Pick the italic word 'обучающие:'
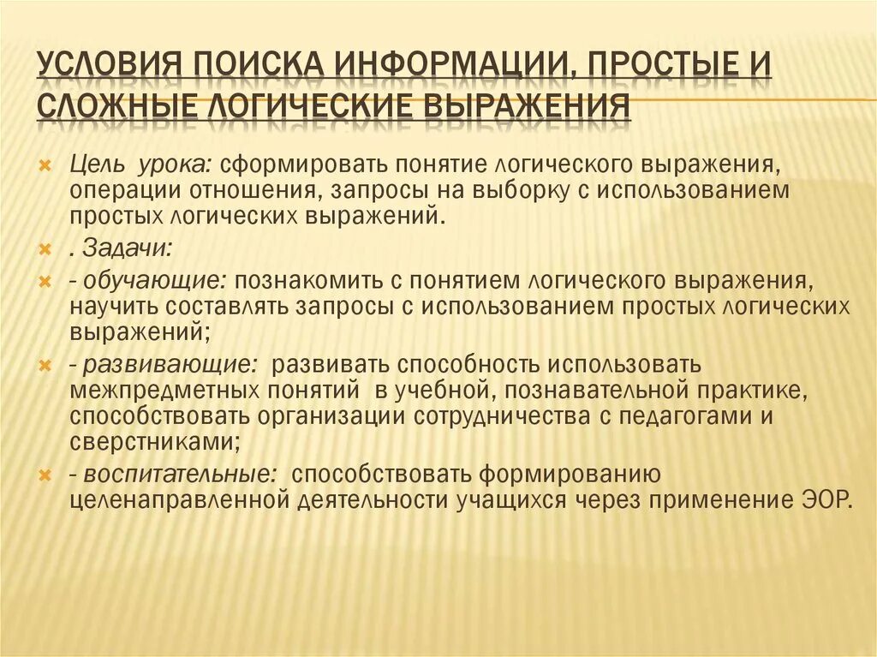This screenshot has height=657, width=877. click(152, 280)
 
